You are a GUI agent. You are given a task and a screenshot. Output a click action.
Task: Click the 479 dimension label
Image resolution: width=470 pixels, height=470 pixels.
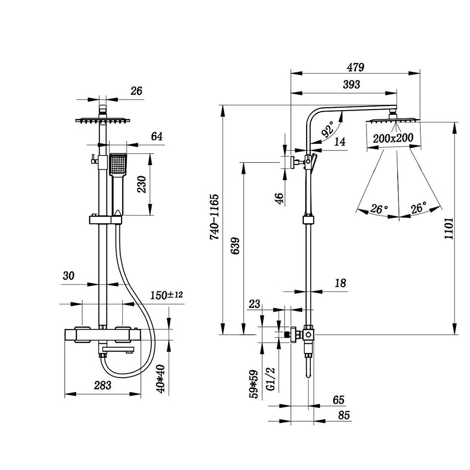(355, 67)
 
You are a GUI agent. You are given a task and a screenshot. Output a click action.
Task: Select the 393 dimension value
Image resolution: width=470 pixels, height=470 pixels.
(351, 84)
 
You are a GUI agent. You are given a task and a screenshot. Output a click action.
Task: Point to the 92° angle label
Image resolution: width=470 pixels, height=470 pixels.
(328, 130)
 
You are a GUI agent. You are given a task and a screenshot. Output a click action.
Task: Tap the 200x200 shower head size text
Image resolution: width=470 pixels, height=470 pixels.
(393, 138)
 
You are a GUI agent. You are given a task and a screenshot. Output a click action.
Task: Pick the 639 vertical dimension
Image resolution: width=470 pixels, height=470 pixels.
(235, 248)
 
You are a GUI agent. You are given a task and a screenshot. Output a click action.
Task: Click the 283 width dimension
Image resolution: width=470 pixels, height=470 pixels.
(102, 386)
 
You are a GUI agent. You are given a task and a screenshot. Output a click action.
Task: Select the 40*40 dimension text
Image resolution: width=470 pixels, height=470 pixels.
(160, 379)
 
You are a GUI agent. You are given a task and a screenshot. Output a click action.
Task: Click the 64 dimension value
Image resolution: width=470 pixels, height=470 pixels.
(157, 136)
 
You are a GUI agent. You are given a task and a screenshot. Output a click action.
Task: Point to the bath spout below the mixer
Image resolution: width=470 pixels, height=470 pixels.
(118, 351)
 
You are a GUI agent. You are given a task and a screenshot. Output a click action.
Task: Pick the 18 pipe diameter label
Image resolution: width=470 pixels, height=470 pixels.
(340, 283)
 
